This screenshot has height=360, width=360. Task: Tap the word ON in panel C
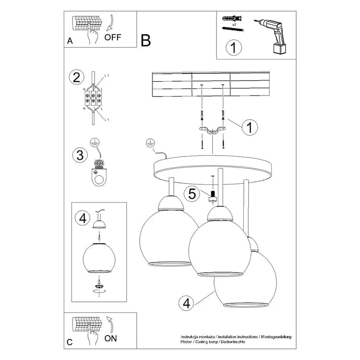pyautogui.click(x=111, y=338)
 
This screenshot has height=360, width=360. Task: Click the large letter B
pyautogui.click(x=146, y=41)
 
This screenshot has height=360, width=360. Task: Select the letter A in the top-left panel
pyautogui.click(x=70, y=42)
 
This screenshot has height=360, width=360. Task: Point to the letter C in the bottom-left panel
pyautogui.click(x=70, y=342)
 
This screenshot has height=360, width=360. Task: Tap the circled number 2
pyautogui.click(x=74, y=77)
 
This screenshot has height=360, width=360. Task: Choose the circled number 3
pyautogui.click(x=78, y=155)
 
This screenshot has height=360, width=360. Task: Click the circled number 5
pyautogui.click(x=192, y=194)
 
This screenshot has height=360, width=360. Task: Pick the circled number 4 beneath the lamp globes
pyautogui.click(x=186, y=303)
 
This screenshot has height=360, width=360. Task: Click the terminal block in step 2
pyautogui.click(x=93, y=98)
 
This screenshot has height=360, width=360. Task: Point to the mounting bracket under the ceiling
pyautogui.click(x=212, y=130)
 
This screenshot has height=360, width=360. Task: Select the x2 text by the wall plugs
pyautogui.click(x=234, y=23)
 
